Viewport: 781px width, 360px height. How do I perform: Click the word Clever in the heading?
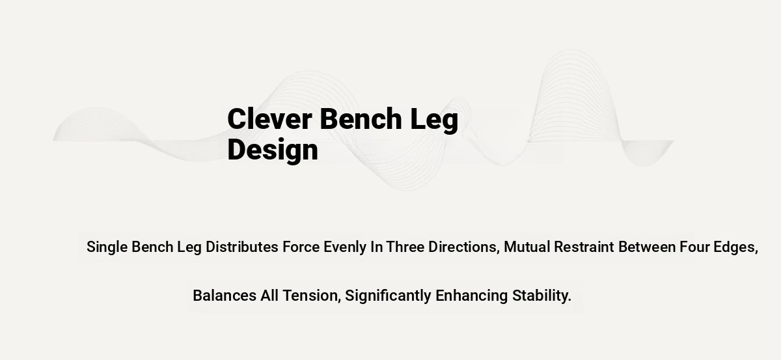tap(270, 118)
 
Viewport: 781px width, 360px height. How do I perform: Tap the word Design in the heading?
tap(273, 150)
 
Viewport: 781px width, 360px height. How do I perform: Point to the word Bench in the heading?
tap(361, 118)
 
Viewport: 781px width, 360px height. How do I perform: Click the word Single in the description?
tap(107, 247)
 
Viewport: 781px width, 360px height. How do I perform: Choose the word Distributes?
tap(242, 247)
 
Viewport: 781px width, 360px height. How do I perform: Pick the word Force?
tap(301, 247)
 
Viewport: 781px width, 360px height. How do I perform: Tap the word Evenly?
tap(345, 247)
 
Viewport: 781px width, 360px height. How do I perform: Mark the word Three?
tap(405, 247)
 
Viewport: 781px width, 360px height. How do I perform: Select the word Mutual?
tap(527, 247)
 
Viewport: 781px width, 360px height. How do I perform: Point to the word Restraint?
tap(584, 247)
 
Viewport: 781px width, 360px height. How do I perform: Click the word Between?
tap(647, 247)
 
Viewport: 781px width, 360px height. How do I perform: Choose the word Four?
tap(694, 247)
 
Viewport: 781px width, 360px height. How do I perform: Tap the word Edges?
tap(734, 247)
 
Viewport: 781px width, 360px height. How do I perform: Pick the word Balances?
tap(225, 296)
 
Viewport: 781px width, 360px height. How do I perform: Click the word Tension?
tap(310, 296)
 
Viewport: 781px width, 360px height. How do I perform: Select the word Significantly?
tap(388, 296)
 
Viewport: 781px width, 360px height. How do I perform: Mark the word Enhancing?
tap(471, 296)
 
